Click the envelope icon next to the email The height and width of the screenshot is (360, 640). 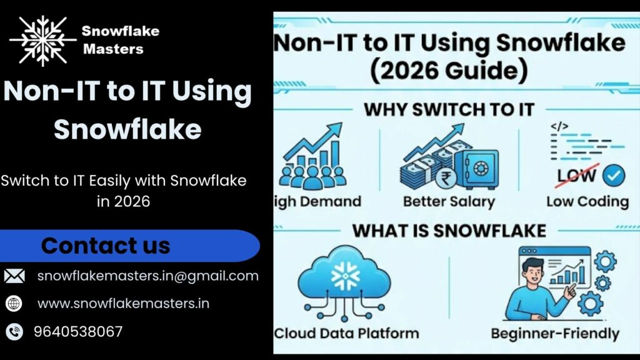[14, 276]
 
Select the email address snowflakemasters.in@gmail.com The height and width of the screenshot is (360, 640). [147, 276]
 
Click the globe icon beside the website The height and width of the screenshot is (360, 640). [14, 304]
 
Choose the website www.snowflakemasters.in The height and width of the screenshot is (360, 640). [123, 304]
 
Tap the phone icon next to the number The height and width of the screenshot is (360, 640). [14, 331]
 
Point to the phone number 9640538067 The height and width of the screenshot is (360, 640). [78, 331]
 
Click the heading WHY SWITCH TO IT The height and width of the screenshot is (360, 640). [449, 109]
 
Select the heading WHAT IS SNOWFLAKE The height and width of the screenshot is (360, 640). [449, 230]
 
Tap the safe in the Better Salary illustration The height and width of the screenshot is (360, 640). [477, 168]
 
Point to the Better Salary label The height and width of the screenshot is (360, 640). [449, 201]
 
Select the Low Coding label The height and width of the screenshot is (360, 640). [587, 201]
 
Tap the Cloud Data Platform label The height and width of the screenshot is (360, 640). [346, 332]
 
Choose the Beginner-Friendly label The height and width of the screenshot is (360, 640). [554, 332]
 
